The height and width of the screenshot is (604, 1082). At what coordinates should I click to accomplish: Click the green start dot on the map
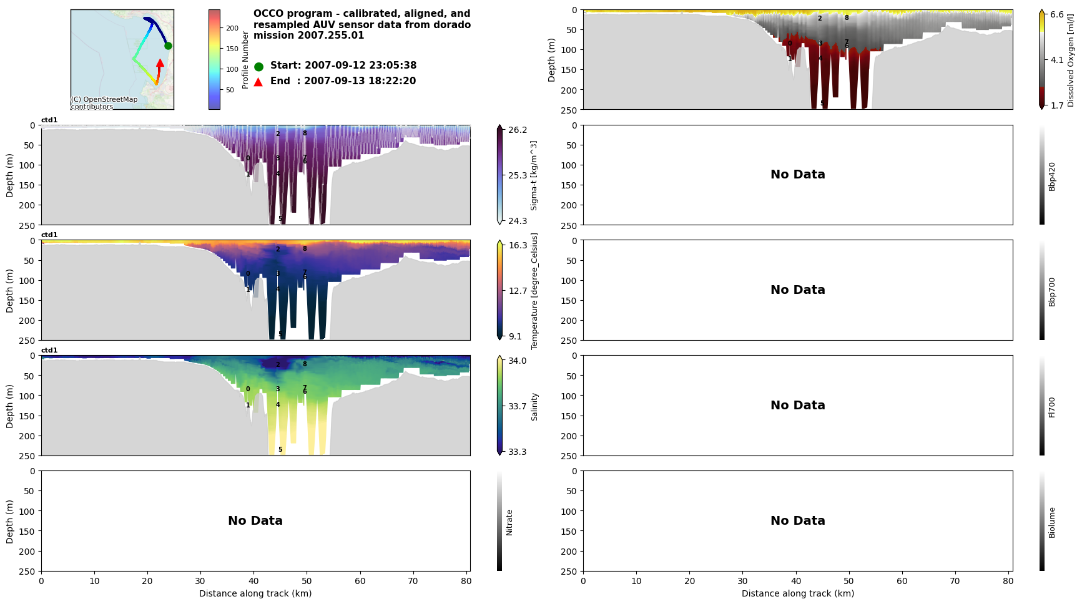(168, 46)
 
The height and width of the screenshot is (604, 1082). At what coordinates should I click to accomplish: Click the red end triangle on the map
(160, 63)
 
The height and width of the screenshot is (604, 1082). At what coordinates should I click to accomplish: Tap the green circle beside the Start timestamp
(258, 66)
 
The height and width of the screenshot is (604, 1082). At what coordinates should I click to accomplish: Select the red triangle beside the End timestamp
(258, 82)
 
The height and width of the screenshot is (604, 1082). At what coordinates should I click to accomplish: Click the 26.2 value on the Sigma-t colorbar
(518, 130)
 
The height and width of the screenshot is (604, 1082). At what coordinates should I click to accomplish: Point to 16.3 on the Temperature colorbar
(518, 245)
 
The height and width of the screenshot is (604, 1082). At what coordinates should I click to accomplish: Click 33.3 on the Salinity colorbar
(517, 452)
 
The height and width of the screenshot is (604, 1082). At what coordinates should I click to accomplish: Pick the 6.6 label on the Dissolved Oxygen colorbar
(1057, 14)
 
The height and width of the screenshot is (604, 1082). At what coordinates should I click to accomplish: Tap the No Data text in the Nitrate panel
(255, 520)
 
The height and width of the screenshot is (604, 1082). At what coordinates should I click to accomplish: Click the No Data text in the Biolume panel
(797, 520)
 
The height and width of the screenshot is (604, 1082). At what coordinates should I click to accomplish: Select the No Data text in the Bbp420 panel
(797, 175)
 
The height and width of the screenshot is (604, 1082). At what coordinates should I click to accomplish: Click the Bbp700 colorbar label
(1052, 291)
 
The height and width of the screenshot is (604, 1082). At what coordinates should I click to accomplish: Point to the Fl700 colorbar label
(1052, 407)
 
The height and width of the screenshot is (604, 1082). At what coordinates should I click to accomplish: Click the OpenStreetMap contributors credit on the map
(104, 103)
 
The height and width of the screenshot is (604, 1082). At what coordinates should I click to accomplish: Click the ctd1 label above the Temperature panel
(49, 235)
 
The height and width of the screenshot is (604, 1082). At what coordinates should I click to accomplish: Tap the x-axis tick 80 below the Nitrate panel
(466, 581)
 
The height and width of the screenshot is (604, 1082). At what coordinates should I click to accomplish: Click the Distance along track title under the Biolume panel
(797, 593)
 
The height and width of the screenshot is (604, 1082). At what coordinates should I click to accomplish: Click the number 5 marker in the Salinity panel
(280, 449)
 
